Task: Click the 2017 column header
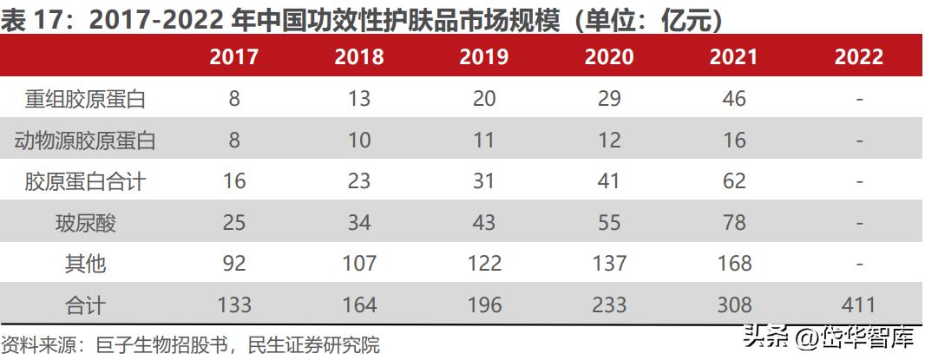(234, 57)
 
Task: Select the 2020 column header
(609, 57)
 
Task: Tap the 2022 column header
(859, 57)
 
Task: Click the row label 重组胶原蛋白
(85, 99)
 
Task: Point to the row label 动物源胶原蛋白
(85, 140)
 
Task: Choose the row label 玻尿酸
(85, 222)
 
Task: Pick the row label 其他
(85, 263)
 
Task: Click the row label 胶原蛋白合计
(85, 180)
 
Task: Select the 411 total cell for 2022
(859, 304)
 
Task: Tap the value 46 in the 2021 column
(734, 99)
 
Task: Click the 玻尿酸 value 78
(734, 222)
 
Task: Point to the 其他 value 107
(359, 263)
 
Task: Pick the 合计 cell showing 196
(484, 304)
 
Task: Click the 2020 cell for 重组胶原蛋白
(609, 99)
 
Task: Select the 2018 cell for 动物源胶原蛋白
(359, 140)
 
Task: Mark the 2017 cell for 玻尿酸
(234, 222)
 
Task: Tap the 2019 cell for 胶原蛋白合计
(484, 180)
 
